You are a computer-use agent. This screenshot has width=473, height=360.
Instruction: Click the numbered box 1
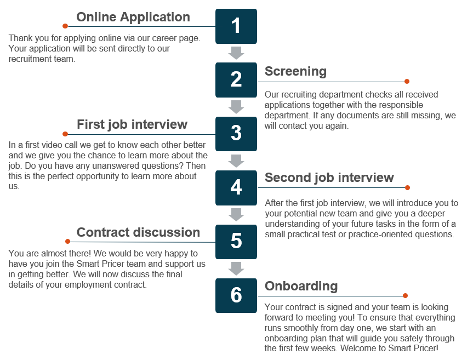(x=236, y=26)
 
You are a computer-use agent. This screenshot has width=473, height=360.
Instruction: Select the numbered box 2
(x=236, y=80)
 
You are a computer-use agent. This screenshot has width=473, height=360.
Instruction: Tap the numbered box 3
(x=236, y=134)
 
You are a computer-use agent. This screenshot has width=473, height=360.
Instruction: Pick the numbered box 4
(x=236, y=188)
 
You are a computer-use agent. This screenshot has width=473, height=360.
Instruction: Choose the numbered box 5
(x=236, y=242)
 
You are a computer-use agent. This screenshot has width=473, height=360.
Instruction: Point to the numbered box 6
(x=236, y=295)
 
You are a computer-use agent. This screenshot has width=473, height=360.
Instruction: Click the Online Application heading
(x=133, y=18)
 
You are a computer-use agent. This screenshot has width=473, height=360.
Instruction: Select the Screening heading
(x=295, y=71)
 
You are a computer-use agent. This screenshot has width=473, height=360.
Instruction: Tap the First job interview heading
(x=132, y=124)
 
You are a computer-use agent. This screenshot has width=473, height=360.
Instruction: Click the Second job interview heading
(x=329, y=178)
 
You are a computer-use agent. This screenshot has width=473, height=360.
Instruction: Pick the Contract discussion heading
(x=138, y=232)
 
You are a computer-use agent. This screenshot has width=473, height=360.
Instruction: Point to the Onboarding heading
(x=301, y=286)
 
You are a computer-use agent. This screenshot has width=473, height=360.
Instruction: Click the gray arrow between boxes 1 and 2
(x=236, y=53)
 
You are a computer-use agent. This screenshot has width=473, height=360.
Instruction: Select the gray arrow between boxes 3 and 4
(x=236, y=161)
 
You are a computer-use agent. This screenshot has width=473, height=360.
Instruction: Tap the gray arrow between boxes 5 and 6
(x=236, y=268)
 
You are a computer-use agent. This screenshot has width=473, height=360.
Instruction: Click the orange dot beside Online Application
(x=65, y=26)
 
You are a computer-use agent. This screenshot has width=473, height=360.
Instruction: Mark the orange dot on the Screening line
(x=407, y=81)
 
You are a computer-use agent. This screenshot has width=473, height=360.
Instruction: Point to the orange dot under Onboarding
(x=406, y=296)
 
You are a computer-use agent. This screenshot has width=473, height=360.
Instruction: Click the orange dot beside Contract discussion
(x=67, y=241)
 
